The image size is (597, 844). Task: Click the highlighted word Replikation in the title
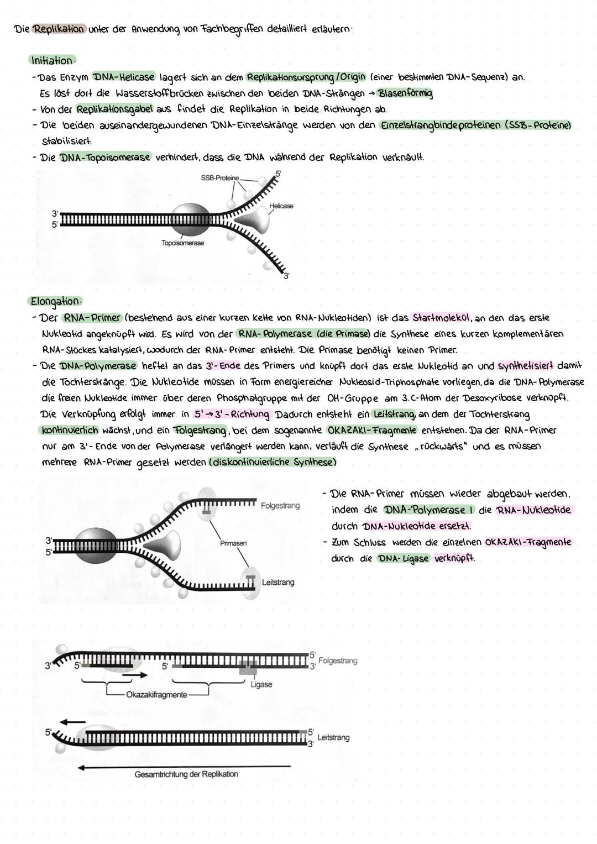point(59,29)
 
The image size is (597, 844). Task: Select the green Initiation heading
point(52,60)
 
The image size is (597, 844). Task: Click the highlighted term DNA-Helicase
point(124,77)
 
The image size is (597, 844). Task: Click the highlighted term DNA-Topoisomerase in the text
point(104,158)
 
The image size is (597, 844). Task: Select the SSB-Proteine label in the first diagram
point(220,178)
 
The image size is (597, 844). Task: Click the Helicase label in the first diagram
point(281,206)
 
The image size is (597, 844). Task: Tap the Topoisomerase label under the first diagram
point(182,243)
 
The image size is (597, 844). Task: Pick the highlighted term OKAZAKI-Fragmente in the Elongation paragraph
point(371,430)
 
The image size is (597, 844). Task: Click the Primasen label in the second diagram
point(233,543)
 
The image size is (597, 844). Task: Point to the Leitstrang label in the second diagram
point(278,582)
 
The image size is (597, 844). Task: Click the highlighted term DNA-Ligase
point(404,558)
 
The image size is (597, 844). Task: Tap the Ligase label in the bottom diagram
point(261,684)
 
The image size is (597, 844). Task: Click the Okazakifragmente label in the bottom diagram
point(156,694)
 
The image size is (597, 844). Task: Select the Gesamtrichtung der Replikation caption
point(186,774)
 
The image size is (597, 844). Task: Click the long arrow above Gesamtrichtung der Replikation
point(184,767)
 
